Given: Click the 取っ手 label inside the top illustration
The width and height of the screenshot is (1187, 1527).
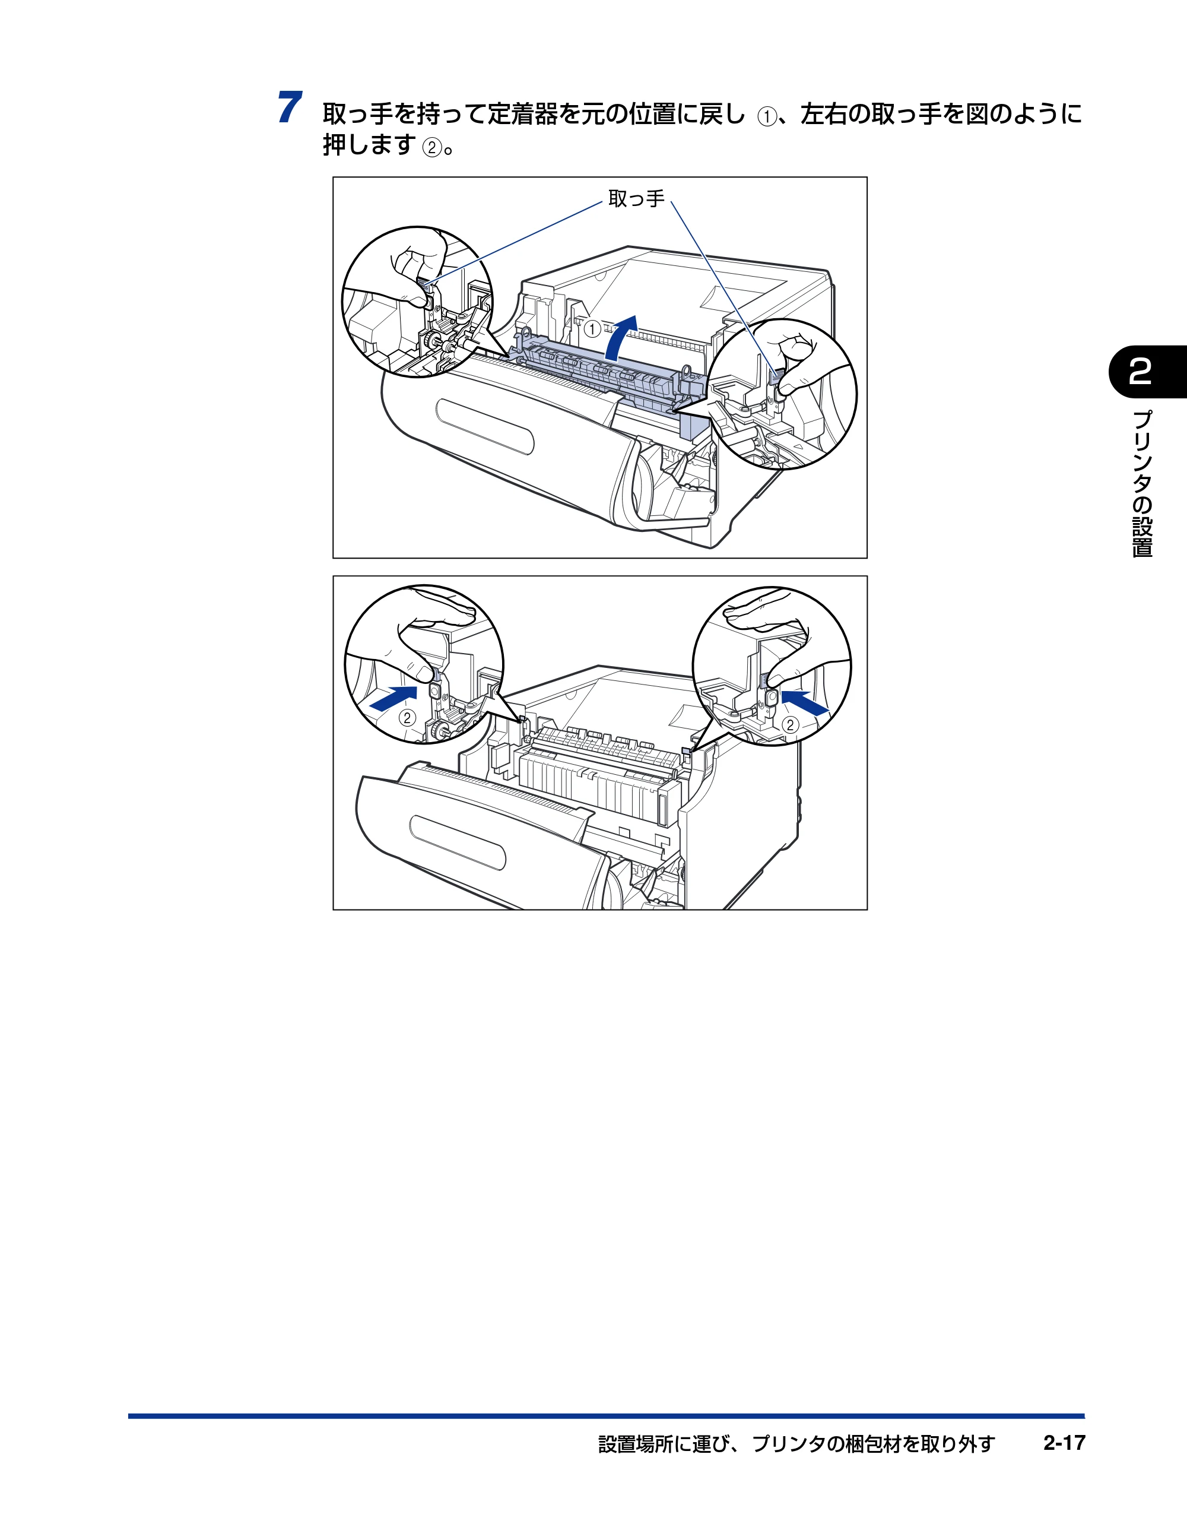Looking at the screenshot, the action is click(x=636, y=199).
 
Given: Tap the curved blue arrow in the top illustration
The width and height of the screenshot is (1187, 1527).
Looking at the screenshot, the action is click(x=622, y=337).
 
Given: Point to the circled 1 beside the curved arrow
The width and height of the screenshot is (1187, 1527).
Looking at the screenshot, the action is click(x=592, y=328).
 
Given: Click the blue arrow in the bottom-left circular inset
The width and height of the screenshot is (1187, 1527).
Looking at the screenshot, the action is click(x=393, y=698).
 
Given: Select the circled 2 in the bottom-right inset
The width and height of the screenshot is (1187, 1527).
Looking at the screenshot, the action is click(x=790, y=724).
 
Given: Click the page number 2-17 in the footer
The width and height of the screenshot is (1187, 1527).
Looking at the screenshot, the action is click(x=1064, y=1443).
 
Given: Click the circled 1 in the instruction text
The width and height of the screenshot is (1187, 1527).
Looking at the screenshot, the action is click(x=767, y=116).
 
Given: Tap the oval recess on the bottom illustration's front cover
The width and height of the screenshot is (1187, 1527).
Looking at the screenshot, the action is click(x=458, y=842).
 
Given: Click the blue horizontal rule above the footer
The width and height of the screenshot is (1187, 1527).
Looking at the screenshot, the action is click(x=606, y=1416).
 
